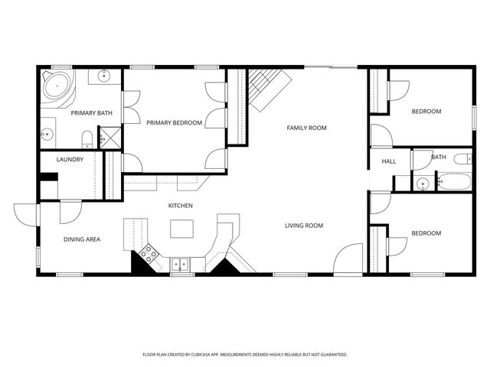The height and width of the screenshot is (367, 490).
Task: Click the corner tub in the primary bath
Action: pos(57,87)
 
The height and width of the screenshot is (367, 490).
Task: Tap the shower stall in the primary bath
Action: pos(110,138)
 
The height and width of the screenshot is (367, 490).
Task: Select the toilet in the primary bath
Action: pos(87,139)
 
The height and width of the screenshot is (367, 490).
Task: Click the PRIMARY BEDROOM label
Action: pos(174,122)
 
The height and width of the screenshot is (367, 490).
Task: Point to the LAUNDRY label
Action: pos(70,160)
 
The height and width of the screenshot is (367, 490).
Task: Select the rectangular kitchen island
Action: pos(181,229)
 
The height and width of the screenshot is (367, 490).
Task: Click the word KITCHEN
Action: pos(181,206)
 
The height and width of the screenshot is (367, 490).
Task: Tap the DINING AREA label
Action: pos(81,239)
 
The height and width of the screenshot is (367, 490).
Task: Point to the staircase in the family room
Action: pos(266,86)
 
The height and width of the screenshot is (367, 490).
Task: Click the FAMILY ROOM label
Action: pos(306,128)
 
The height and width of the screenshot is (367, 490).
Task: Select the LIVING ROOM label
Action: pos(304,226)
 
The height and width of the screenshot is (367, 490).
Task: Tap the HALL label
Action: pos(389,161)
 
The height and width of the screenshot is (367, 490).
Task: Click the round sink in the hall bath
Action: pos(422,183)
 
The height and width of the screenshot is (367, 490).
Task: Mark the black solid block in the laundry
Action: pos(48,177)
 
